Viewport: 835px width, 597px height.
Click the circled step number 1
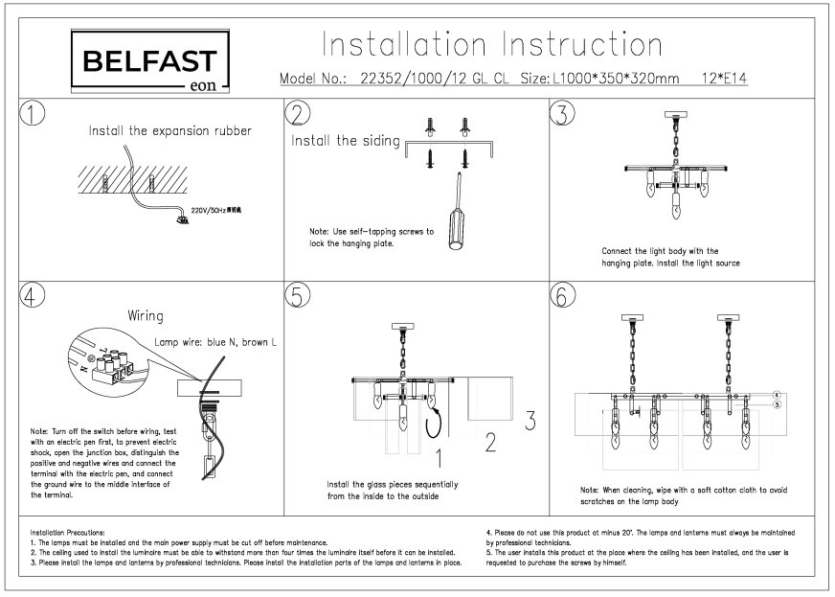(x=33, y=113)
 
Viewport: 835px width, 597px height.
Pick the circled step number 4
(x=33, y=297)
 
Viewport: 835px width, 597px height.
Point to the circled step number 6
(x=562, y=297)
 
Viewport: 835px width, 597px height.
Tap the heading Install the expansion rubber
(x=170, y=131)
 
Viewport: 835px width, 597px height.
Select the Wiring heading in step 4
(x=146, y=315)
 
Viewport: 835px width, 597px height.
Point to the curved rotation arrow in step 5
(x=437, y=418)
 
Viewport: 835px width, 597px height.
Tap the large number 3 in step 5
(x=530, y=419)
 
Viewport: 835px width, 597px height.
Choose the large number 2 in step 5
(x=489, y=442)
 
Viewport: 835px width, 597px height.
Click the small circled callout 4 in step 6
(x=778, y=394)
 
